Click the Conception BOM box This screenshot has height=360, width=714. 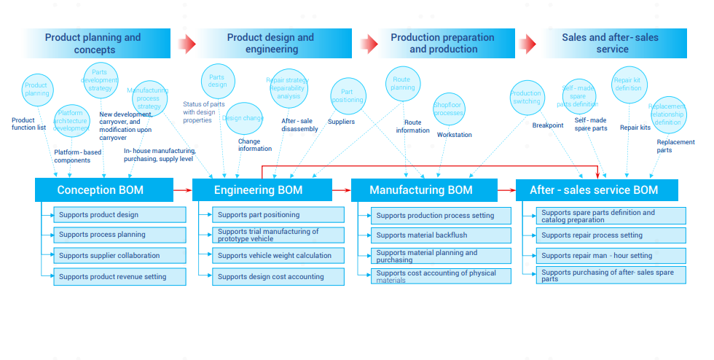pos(101,190)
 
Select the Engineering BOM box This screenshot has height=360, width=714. pos(259,190)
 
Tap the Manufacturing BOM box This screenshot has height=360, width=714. pos(420,190)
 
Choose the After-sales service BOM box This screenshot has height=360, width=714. pos(593,190)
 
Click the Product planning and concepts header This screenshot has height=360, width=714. pos(93,44)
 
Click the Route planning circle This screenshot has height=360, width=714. pos(403,85)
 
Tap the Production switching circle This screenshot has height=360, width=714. pos(526,97)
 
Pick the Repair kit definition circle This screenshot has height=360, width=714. pos(628,85)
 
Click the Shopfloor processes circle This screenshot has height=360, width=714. pos(449,109)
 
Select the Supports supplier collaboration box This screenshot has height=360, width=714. pos(109,256)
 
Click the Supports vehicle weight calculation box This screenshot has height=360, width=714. pos(275,256)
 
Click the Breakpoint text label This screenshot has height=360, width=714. pos(548,125)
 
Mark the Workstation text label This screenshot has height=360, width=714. pos(455,135)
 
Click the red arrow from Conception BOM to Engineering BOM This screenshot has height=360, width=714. pos(182,190)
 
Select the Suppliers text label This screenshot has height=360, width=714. pos(341,122)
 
